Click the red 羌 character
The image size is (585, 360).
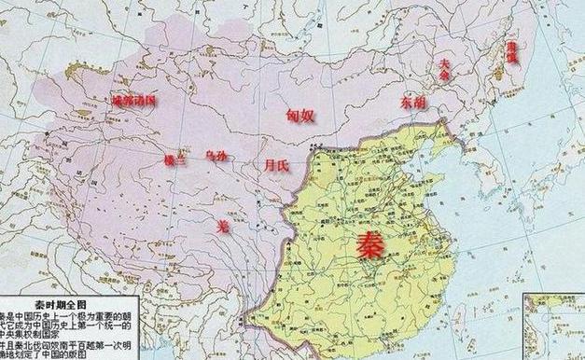(222, 228)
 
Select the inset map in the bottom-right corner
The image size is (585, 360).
(554, 326)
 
